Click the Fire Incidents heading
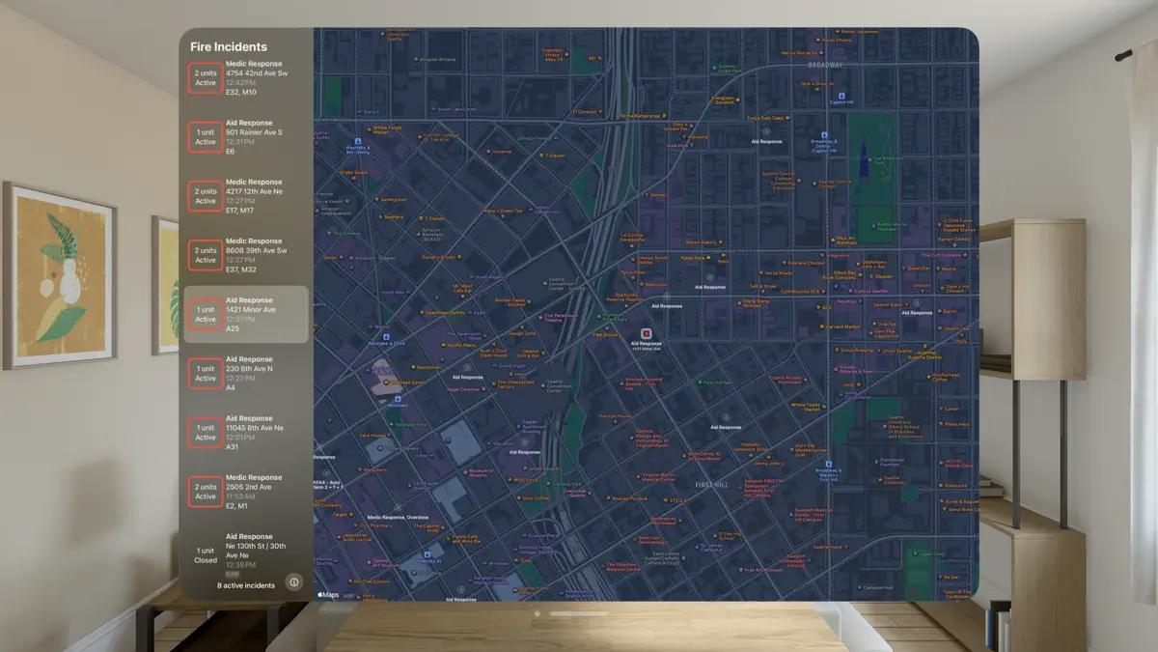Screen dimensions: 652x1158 point(229,46)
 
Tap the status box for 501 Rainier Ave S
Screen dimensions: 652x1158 point(206,136)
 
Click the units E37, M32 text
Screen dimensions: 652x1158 point(240,269)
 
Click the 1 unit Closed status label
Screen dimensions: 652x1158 point(206,555)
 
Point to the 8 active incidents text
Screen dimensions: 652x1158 point(246,585)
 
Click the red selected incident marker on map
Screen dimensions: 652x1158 point(646,333)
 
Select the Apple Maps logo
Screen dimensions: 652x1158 point(328,595)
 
